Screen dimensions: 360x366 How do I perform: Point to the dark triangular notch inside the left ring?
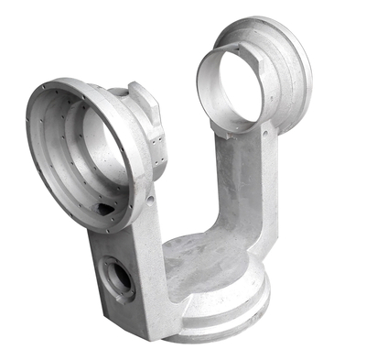coord(107,209)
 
